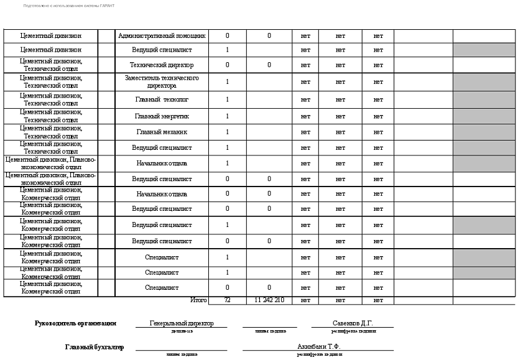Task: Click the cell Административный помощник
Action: [162, 36]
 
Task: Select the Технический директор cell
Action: [162, 65]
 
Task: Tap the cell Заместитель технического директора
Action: [162, 82]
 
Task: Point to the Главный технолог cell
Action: [162, 99]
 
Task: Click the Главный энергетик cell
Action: [162, 116]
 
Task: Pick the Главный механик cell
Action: [162, 132]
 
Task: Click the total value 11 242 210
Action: [269, 300]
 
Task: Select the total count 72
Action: [227, 300]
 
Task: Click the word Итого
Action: [198, 300]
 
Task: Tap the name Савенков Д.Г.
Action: [353, 323]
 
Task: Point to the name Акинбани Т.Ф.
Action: [319, 346]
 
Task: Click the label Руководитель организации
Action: [76, 323]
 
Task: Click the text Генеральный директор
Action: [182, 323]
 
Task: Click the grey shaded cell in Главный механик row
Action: [484, 132]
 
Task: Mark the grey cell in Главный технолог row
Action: [484, 99]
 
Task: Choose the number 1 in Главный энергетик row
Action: [227, 116]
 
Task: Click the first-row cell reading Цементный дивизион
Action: [50, 36]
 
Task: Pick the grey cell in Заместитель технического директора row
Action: [484, 82]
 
